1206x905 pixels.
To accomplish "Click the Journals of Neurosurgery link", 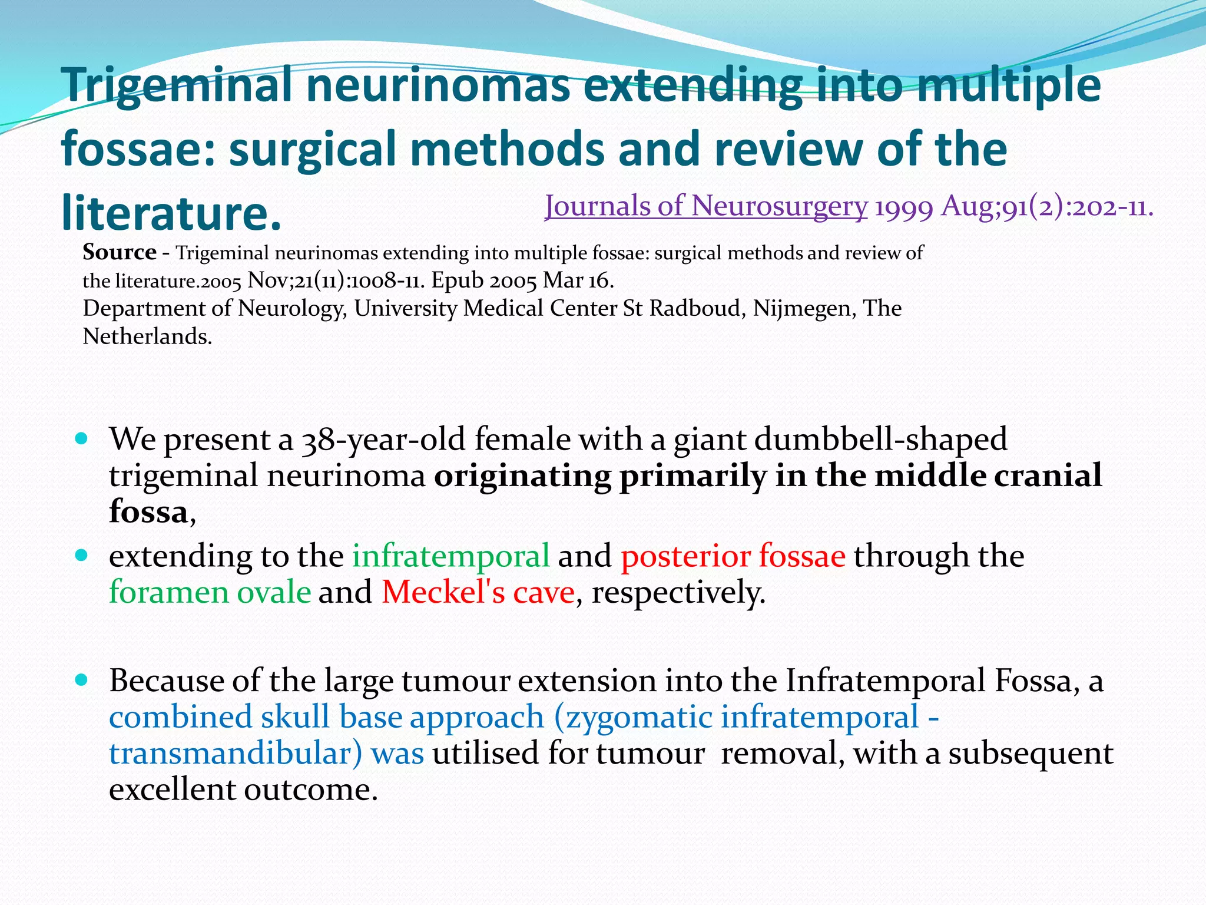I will point(705,207).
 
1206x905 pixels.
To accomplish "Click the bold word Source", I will point(119,252).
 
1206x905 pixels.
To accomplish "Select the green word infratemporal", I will point(451,556).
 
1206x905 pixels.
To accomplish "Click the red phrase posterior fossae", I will point(733,556).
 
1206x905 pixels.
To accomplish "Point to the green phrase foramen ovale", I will point(210,592).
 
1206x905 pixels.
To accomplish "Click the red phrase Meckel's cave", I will point(478,592).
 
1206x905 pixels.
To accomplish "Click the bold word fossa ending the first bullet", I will point(148,511).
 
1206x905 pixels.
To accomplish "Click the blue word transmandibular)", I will point(236,754).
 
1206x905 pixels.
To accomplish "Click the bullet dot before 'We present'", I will point(82,439).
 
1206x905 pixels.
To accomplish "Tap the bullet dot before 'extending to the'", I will point(82,555).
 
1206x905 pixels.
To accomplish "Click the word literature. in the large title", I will point(171,212).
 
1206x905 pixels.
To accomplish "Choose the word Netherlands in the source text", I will point(147,336).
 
